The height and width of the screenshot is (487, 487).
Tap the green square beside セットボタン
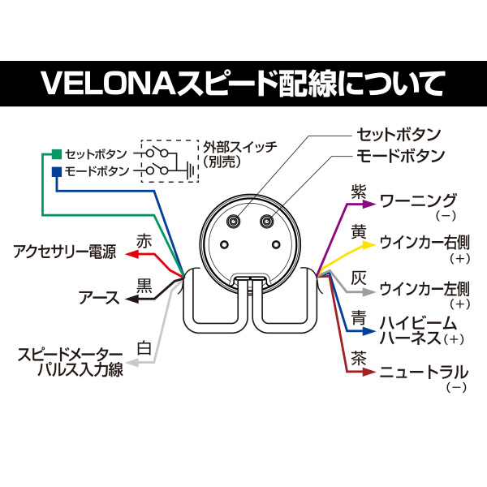point(55,153)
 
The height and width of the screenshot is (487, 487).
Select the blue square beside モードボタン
point(55,171)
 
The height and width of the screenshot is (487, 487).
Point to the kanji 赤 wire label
point(144,241)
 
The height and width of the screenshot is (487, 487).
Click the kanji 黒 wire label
point(144,285)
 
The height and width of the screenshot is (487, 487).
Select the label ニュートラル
point(424,373)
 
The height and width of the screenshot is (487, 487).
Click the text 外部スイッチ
point(239,146)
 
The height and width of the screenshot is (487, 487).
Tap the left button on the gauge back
point(235,222)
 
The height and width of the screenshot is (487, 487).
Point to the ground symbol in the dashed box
point(188,169)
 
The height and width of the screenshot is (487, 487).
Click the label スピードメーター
point(71,356)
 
